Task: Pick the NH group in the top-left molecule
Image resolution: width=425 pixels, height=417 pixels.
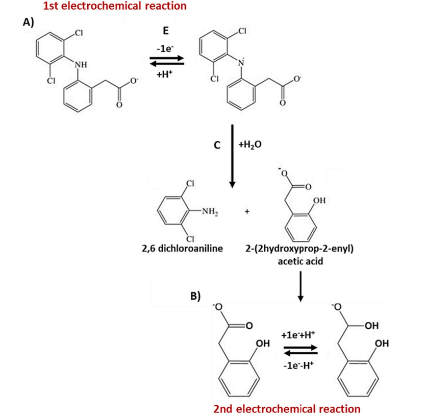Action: pos(81,64)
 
